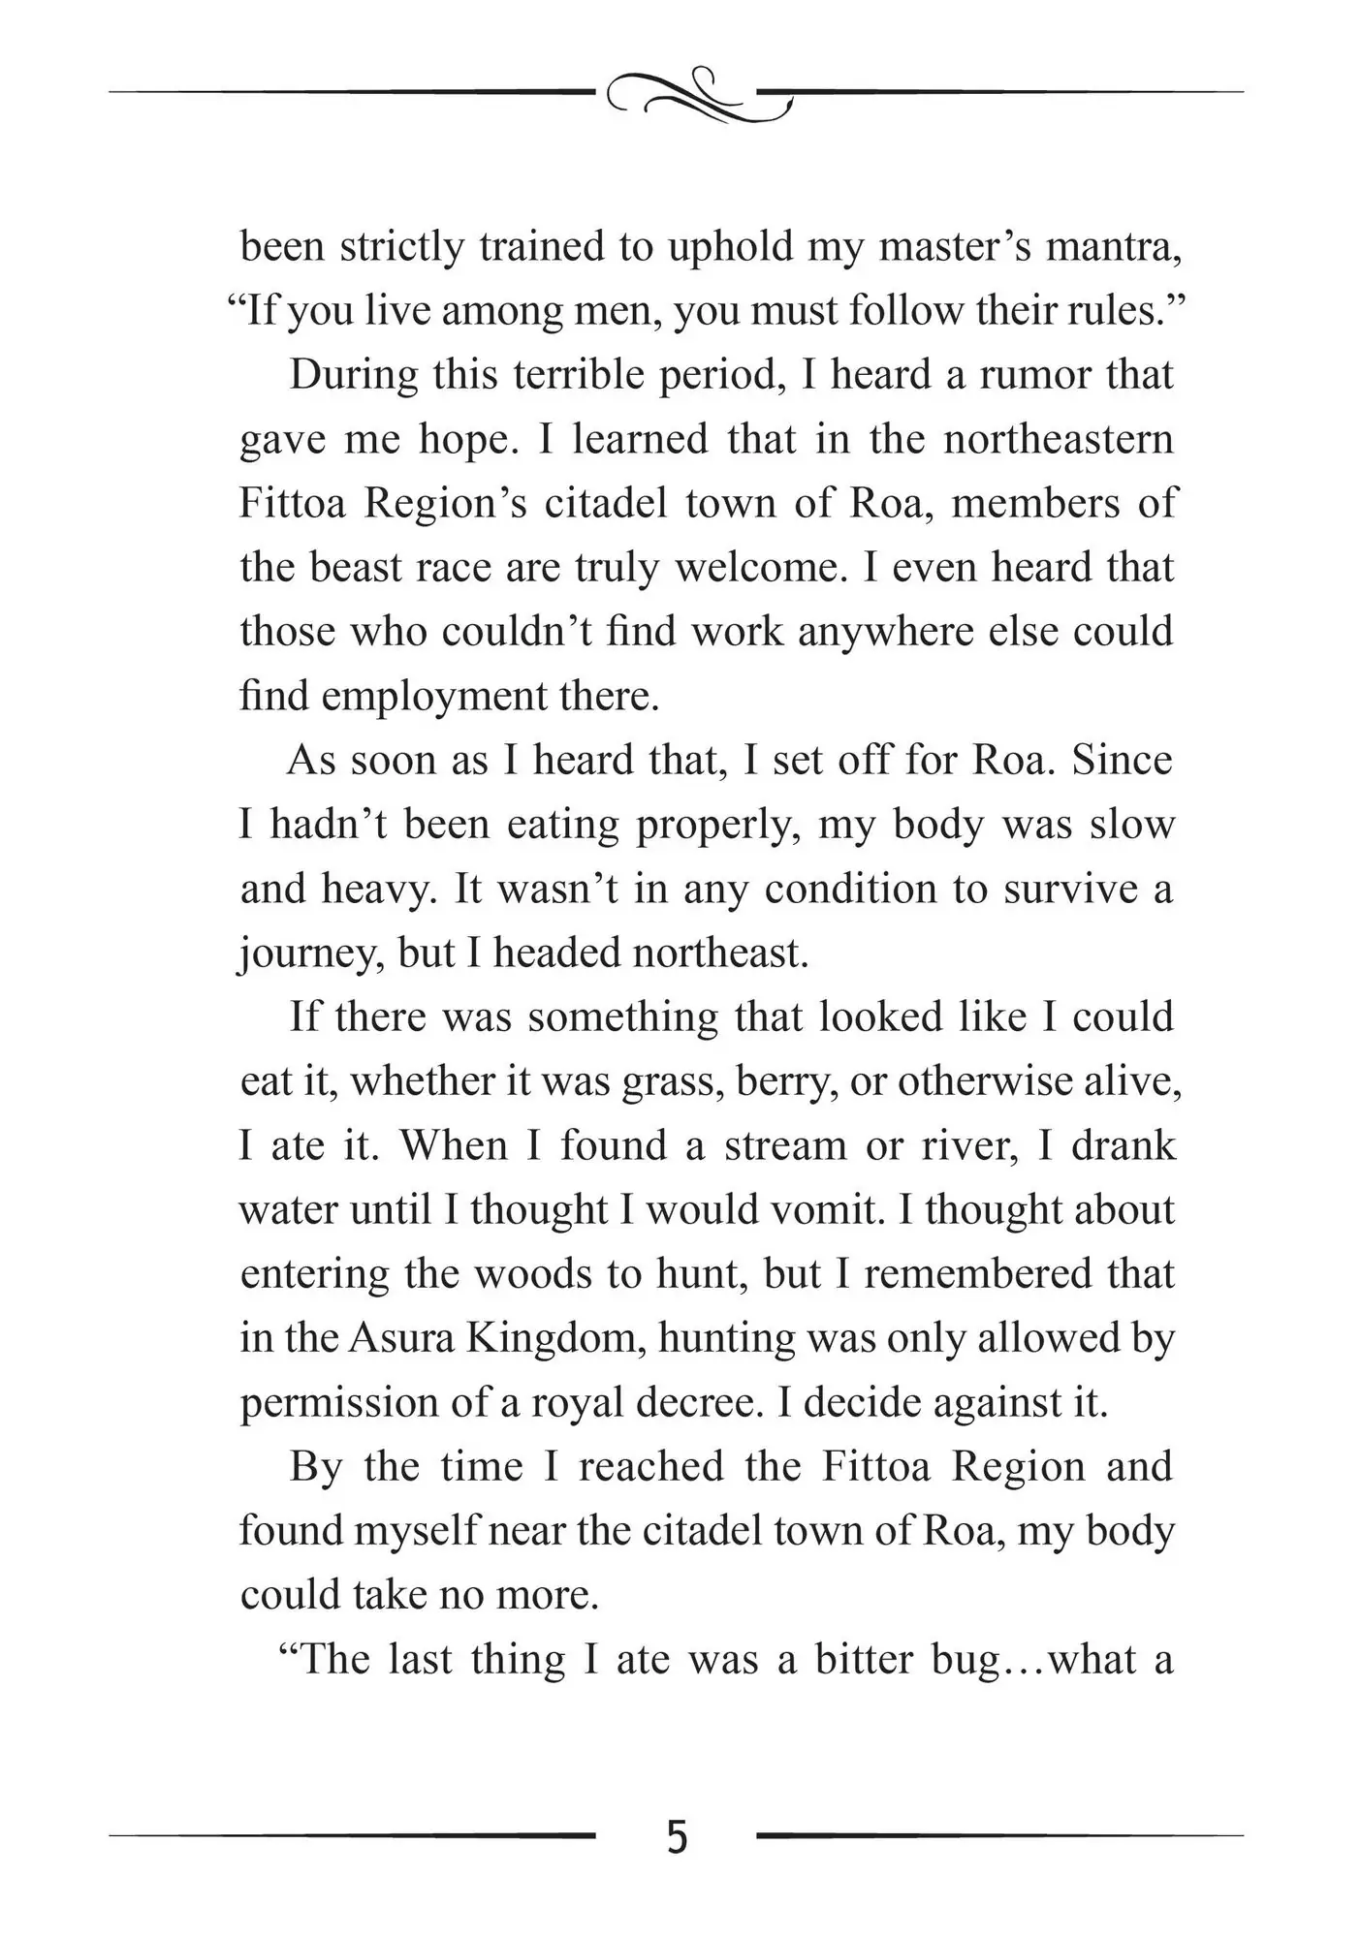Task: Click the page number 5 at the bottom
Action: tap(678, 1836)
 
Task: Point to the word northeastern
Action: tap(1059, 439)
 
